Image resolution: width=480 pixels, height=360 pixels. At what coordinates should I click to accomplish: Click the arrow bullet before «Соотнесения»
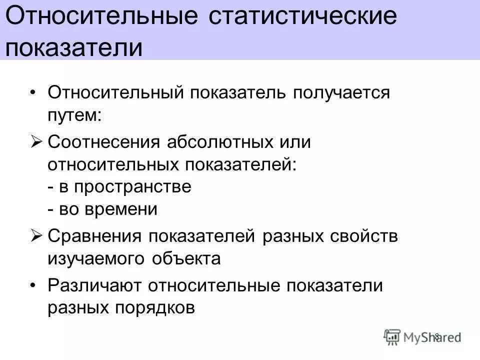pyautogui.click(x=38, y=142)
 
